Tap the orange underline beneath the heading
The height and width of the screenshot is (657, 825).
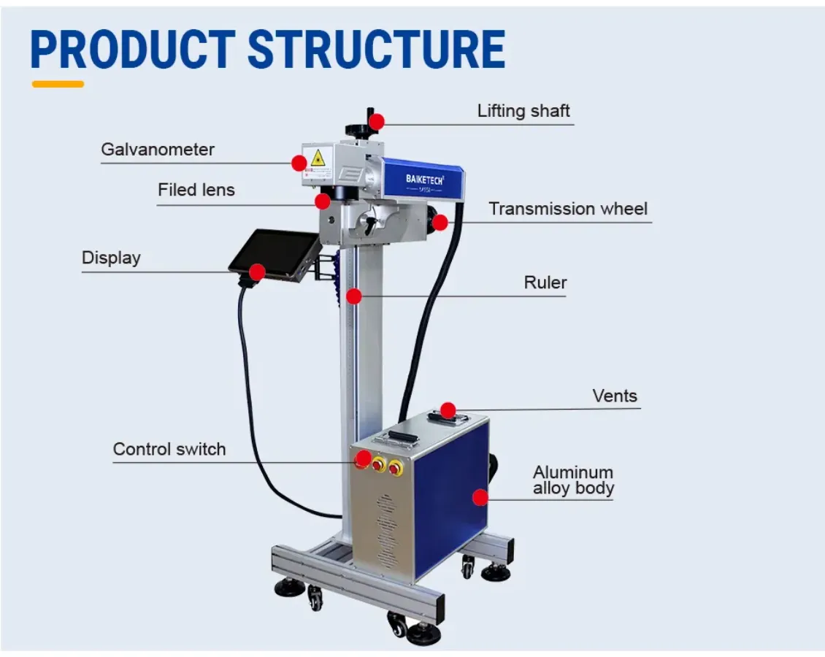[x=58, y=84]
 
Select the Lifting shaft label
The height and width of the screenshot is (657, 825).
[x=523, y=111]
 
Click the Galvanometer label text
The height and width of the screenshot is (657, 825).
[x=158, y=150]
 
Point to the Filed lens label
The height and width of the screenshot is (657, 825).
[x=196, y=190]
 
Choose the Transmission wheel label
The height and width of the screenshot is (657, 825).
[x=568, y=209]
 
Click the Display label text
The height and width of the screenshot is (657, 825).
[x=111, y=258]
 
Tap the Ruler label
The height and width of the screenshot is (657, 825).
[x=545, y=283]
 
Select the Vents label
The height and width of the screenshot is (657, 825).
[x=615, y=396]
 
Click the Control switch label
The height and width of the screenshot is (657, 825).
[x=169, y=449]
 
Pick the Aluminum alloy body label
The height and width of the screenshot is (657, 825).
[x=573, y=480]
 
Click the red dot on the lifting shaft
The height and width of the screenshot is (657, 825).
[x=377, y=122]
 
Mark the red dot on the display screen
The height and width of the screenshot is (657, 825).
[x=256, y=272]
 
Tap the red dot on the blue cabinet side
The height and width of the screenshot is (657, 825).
[x=480, y=498]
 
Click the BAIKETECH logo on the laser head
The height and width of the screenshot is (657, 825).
[x=424, y=178]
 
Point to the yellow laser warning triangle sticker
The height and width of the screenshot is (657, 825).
[x=318, y=158]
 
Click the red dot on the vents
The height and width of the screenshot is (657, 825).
[x=448, y=410]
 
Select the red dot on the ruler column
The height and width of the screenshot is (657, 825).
[x=354, y=296]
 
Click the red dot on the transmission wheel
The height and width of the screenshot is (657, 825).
[x=440, y=223]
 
